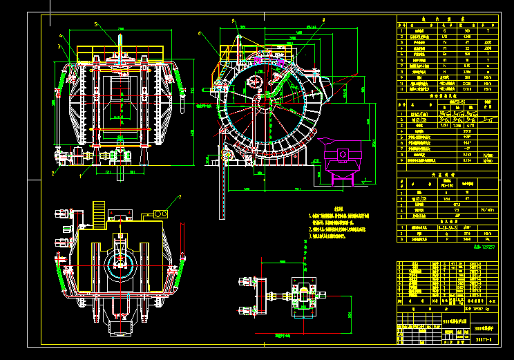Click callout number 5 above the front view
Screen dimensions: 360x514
pyautogui.click(x=96, y=24)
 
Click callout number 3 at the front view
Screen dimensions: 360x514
pyautogui.click(x=59, y=47)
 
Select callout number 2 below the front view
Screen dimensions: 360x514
pyautogui.click(x=52, y=173)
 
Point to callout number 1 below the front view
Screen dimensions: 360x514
pyautogui.click(x=80, y=176)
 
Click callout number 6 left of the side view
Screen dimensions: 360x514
pyautogui.click(x=200, y=33)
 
